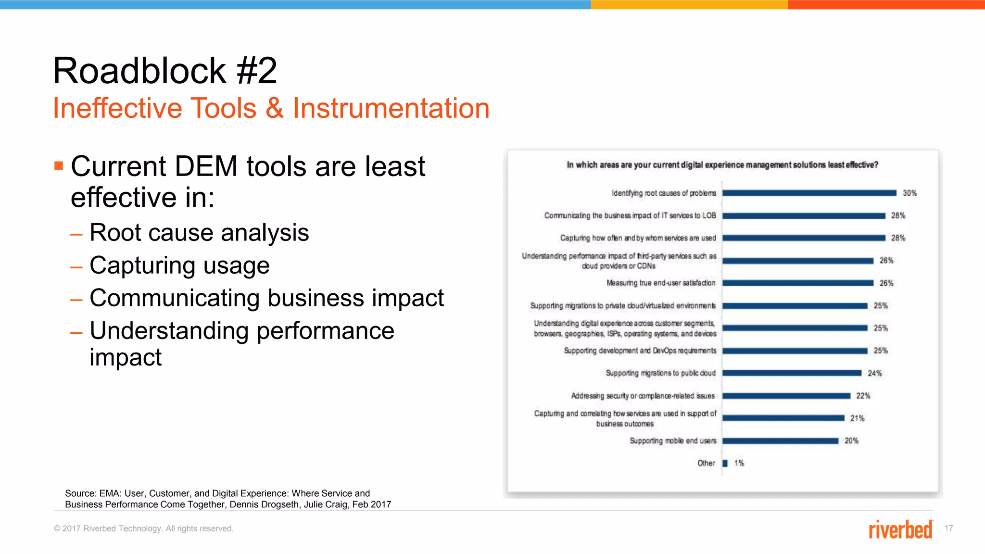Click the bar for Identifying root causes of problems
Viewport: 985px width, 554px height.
point(809,193)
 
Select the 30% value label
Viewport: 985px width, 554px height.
point(909,193)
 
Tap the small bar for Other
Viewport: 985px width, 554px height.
point(725,463)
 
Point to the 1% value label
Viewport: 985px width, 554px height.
point(739,463)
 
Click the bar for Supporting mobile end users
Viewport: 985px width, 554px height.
point(780,441)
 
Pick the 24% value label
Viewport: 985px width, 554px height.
point(874,373)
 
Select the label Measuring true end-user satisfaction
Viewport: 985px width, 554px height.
point(661,283)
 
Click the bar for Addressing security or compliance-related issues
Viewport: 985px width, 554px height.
point(786,396)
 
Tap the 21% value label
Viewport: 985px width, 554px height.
point(857,418)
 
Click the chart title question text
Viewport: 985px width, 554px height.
point(722,165)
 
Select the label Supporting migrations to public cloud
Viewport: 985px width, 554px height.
point(660,373)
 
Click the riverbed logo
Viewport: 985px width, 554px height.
point(900,529)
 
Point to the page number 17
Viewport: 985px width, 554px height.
point(948,528)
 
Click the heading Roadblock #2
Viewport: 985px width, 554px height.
point(164,71)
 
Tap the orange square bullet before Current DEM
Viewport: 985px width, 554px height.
point(59,166)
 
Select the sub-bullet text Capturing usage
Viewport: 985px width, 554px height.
point(179,265)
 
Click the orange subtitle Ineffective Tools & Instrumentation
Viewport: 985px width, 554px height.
point(271,108)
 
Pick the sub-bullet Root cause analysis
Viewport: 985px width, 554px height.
point(199,233)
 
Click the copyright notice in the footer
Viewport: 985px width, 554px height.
point(143,529)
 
